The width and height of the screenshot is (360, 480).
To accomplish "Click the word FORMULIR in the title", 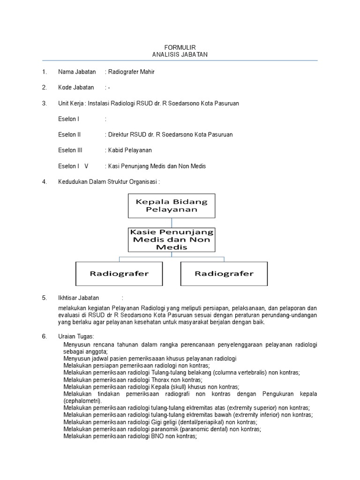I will (x=180, y=47).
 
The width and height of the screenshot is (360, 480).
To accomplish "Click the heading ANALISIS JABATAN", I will (x=180, y=54).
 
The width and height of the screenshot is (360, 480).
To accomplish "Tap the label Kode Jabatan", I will (x=76, y=87).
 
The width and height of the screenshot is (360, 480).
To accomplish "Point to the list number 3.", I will (x=44, y=103).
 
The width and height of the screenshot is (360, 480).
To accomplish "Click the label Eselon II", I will (x=69, y=135).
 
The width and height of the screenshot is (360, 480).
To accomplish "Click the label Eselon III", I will (x=70, y=150).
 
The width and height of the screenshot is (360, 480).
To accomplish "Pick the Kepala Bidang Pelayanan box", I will (x=172, y=205).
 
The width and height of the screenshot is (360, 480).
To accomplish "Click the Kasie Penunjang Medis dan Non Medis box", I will (x=172, y=239).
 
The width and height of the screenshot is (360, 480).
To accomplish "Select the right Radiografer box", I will (x=224, y=273).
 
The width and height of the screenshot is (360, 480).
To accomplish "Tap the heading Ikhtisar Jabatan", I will (x=78, y=298).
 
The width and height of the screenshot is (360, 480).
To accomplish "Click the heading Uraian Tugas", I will (x=76, y=337).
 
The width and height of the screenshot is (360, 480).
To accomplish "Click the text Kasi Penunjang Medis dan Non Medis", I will (x=157, y=166).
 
